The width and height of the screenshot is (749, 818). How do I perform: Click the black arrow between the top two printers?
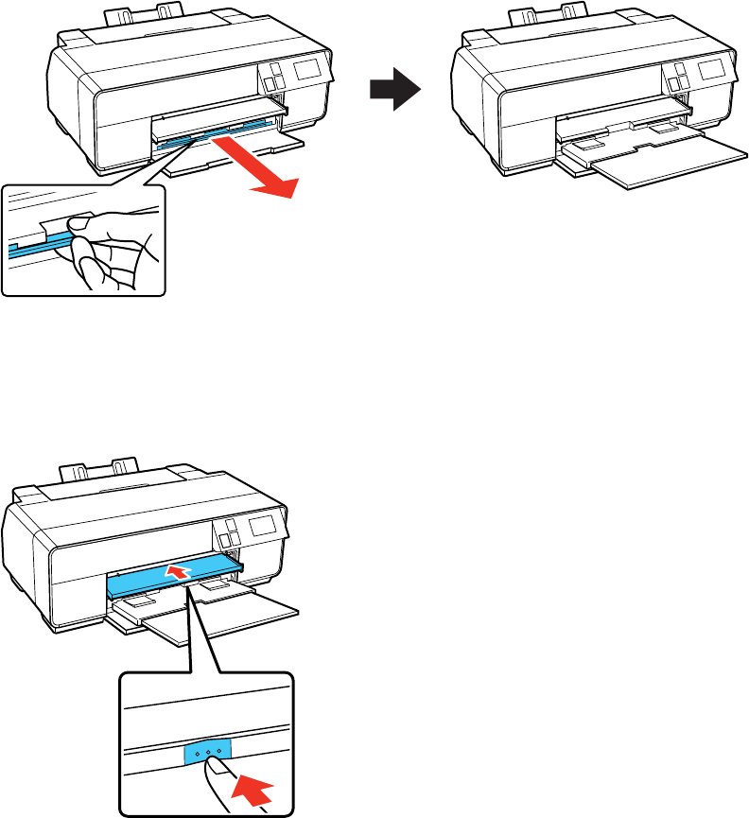tap(394, 92)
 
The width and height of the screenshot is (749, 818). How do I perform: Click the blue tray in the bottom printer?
tap(175, 574)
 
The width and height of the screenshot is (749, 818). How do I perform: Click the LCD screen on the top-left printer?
tap(308, 68)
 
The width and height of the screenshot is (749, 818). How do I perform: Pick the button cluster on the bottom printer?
tap(228, 535)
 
